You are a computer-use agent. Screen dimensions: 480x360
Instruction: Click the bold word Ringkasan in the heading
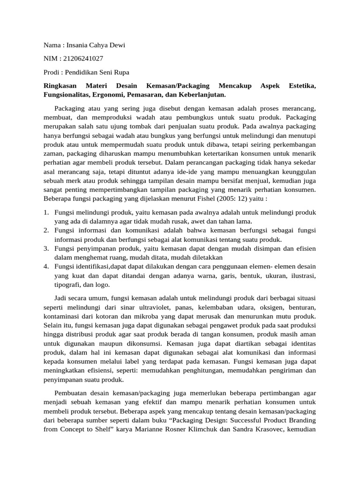point(60,86)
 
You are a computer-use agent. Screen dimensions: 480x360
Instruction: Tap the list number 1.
point(46,212)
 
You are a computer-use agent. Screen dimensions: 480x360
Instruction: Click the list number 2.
point(46,231)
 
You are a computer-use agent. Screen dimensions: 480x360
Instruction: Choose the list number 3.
point(46,248)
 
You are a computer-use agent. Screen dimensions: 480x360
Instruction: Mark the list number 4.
point(46,267)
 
